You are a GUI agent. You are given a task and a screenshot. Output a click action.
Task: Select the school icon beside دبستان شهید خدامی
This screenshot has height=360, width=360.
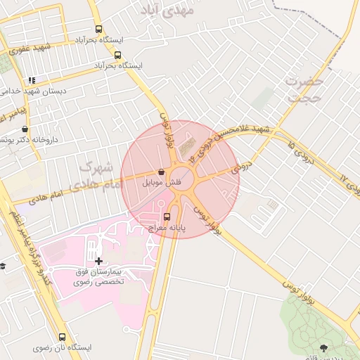coord(32,81)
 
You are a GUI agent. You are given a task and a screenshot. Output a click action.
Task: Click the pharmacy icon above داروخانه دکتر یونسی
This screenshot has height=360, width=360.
coord(25,129)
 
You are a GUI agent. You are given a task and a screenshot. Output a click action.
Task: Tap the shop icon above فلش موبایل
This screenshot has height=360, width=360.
coord(162,172)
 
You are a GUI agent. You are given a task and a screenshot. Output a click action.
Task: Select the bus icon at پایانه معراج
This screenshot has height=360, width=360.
coord(167,217)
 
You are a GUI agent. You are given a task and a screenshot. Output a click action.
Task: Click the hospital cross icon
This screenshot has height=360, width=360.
coord(98,261)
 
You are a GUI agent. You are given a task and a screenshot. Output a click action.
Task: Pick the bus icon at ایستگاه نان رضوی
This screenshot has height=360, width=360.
coord(63,337)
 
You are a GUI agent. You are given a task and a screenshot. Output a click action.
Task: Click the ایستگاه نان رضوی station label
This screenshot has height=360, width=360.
coord(63,348)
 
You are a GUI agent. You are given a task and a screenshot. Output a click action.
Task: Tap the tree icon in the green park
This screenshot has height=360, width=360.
coord(323,347)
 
